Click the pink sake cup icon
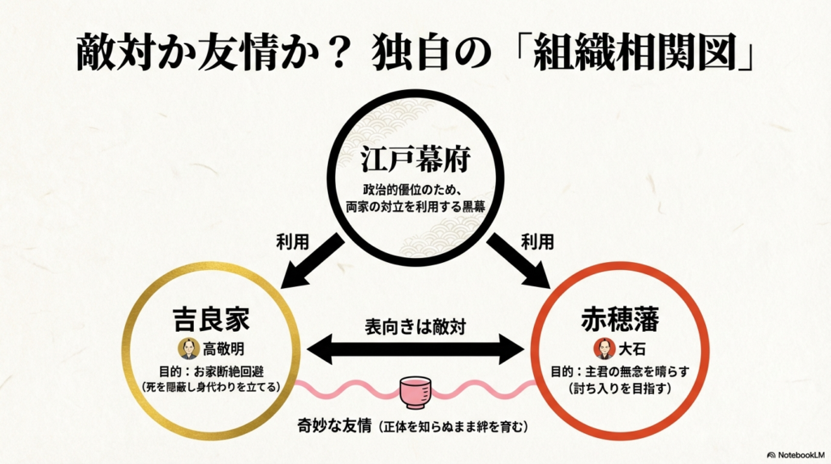[x=416, y=392]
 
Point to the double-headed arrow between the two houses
[x=415, y=351]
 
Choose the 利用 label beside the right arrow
[x=539, y=242]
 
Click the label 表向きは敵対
[x=415, y=329]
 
